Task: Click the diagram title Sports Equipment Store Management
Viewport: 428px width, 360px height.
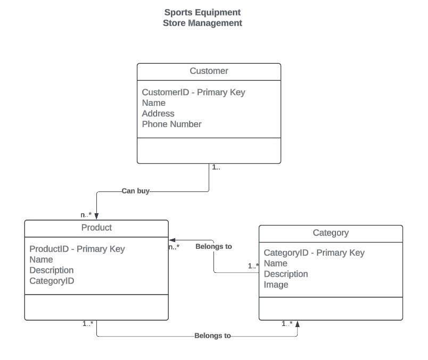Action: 202,18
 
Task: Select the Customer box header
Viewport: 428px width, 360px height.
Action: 209,71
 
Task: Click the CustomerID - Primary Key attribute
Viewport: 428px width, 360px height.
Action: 193,92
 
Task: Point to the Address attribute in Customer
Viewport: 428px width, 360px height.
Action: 158,113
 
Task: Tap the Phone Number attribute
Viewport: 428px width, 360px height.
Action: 171,124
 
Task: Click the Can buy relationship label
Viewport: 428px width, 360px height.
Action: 135,191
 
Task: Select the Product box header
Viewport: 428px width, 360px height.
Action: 96,228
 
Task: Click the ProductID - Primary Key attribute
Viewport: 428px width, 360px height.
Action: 77,249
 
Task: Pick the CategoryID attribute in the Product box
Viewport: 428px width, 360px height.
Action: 52,281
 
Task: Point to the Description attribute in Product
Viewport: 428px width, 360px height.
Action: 51,270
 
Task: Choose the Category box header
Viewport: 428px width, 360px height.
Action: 331,233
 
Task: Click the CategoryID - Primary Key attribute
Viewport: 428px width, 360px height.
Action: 314,253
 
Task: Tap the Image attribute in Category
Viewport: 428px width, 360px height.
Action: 276,284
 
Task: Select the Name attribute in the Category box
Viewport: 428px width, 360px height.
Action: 275,263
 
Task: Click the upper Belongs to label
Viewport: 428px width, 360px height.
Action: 213,247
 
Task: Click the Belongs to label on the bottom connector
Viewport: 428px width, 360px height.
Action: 212,336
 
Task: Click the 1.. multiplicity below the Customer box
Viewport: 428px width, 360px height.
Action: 216,168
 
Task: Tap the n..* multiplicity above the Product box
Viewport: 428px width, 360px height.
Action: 86,215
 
